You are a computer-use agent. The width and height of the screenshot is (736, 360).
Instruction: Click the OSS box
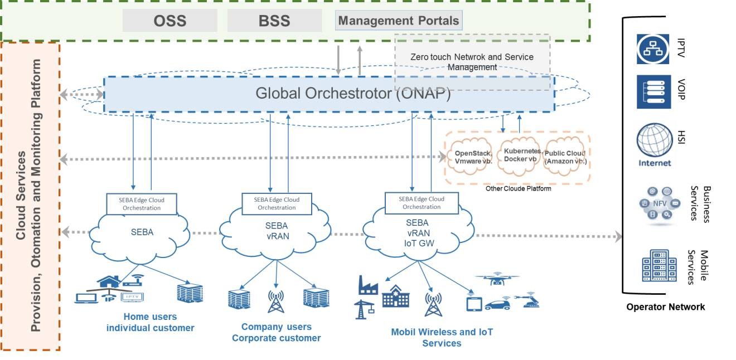click(170, 21)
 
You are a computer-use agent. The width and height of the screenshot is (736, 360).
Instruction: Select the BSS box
click(274, 21)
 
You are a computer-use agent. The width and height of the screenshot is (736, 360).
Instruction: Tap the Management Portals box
click(399, 21)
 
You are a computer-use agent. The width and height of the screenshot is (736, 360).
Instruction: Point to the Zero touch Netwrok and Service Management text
click(472, 62)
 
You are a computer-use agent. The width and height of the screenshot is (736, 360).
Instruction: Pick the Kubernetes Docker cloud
click(522, 155)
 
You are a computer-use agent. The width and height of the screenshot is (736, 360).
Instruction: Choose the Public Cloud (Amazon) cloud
click(565, 157)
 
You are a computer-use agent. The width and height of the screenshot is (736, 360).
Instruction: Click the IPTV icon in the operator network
click(653, 48)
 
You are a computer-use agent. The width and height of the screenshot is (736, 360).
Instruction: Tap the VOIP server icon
click(653, 92)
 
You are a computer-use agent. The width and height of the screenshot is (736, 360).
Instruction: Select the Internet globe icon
click(653, 140)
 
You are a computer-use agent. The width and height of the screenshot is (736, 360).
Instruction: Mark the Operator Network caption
click(665, 307)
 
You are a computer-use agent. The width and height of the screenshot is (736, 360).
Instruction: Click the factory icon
click(369, 285)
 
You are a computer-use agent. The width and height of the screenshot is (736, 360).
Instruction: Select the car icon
click(498, 305)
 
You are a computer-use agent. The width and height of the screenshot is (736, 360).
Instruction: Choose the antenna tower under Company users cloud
click(275, 301)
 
